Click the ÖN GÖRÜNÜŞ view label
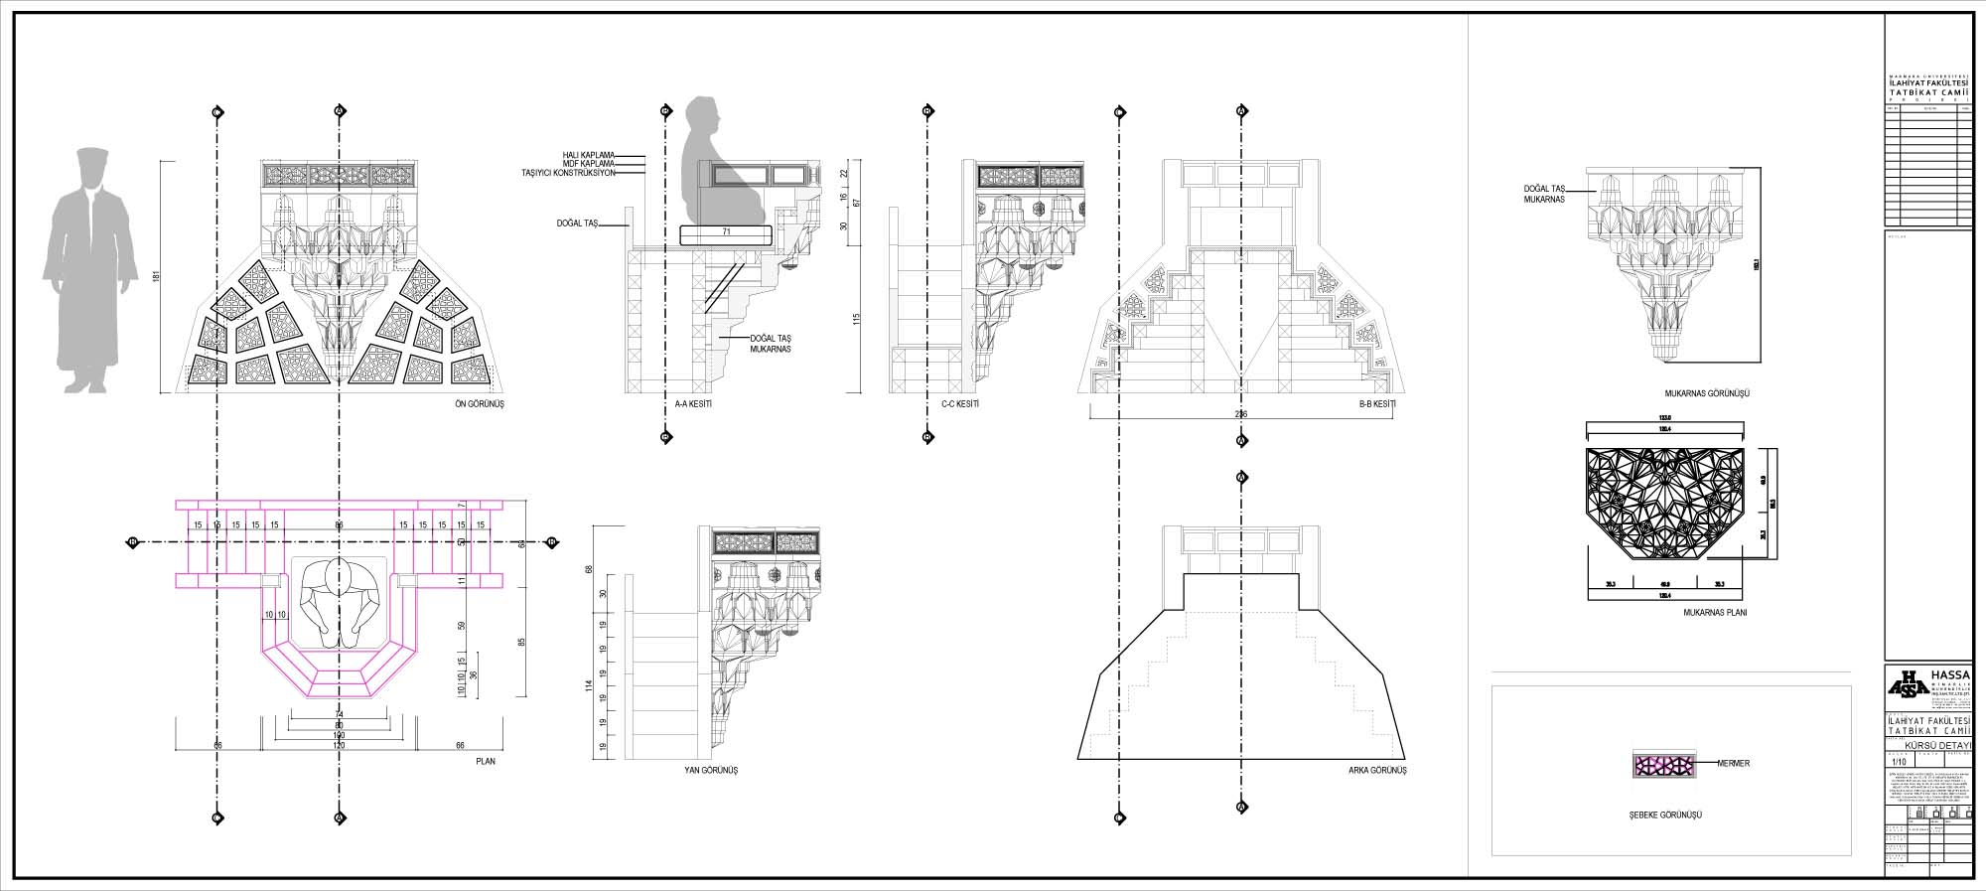pyautogui.click(x=480, y=404)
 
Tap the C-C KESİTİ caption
pyautogui.click(x=960, y=404)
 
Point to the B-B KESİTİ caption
pyautogui.click(x=1377, y=404)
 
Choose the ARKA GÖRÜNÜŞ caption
pyautogui.click(x=1377, y=771)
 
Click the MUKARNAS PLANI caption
pyautogui.click(x=1715, y=613)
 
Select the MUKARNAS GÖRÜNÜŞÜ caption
pyautogui.click(x=1707, y=394)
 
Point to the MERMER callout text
pyautogui.click(x=1734, y=764)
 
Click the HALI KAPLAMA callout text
pyautogui.click(x=588, y=155)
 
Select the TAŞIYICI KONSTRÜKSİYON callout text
pyautogui.click(x=568, y=173)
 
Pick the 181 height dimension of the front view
pyautogui.click(x=157, y=276)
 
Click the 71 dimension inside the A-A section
pyautogui.click(x=726, y=232)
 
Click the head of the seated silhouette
pyautogui.click(x=704, y=117)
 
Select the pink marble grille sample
pyautogui.click(x=1664, y=764)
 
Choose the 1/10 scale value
pyautogui.click(x=1900, y=762)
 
